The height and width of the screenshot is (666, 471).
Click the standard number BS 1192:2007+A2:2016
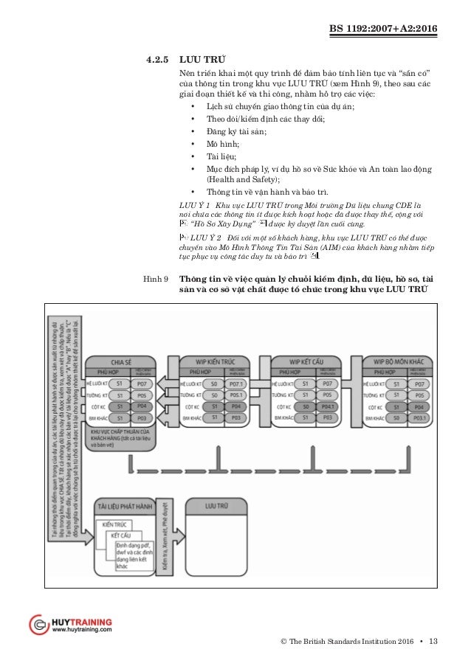point(388,29)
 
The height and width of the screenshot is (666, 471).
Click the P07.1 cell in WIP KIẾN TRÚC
point(237,384)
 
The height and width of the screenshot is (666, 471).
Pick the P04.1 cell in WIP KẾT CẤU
point(329,406)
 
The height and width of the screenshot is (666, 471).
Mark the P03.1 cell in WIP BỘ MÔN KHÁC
point(419,417)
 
